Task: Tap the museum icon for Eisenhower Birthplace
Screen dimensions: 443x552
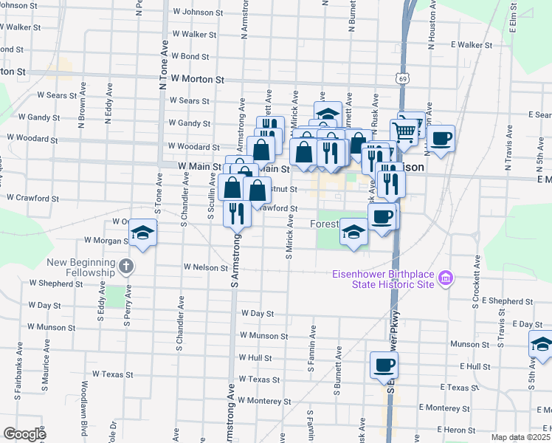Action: (x=445, y=278)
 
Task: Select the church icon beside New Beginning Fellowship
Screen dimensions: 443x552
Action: (x=126, y=267)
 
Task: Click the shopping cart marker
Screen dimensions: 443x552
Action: (x=404, y=131)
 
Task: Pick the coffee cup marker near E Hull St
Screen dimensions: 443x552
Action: (x=384, y=365)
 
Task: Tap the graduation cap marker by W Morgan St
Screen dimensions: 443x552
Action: (x=142, y=234)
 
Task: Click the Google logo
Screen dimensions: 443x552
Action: (x=24, y=433)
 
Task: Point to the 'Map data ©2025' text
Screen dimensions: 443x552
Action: (x=521, y=437)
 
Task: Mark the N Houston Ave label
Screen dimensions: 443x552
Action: (x=429, y=30)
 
